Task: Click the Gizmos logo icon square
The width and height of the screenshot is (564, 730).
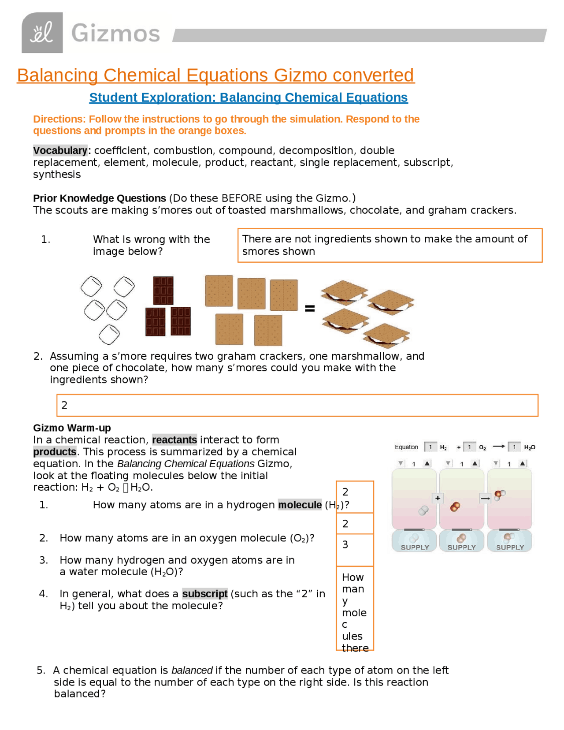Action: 42,33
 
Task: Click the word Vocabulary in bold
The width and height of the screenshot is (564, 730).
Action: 60,150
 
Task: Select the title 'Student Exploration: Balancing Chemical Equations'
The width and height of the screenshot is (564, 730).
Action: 248,97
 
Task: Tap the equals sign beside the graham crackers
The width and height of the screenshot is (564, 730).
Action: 310,309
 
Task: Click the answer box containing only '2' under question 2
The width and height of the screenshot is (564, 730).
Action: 297,405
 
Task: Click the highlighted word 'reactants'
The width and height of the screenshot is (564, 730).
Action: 174,440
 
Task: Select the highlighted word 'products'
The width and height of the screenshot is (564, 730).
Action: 55,452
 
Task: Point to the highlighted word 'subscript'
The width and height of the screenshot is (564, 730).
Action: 204,594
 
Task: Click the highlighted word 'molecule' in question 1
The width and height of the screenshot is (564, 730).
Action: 300,505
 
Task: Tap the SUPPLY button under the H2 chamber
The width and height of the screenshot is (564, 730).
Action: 414,541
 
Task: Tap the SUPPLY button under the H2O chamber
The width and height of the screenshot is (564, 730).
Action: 509,541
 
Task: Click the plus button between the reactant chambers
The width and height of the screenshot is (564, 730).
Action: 438,498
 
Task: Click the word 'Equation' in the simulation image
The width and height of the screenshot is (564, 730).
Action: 406,447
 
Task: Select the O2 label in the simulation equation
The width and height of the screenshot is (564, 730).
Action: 482,447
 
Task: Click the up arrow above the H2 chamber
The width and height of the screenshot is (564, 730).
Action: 427,463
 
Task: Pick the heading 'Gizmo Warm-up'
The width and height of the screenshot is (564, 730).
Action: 72,428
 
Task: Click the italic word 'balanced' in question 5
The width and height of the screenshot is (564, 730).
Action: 192,670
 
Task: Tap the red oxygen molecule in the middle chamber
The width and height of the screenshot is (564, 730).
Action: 455,507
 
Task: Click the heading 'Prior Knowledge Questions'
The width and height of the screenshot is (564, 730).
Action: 99,198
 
